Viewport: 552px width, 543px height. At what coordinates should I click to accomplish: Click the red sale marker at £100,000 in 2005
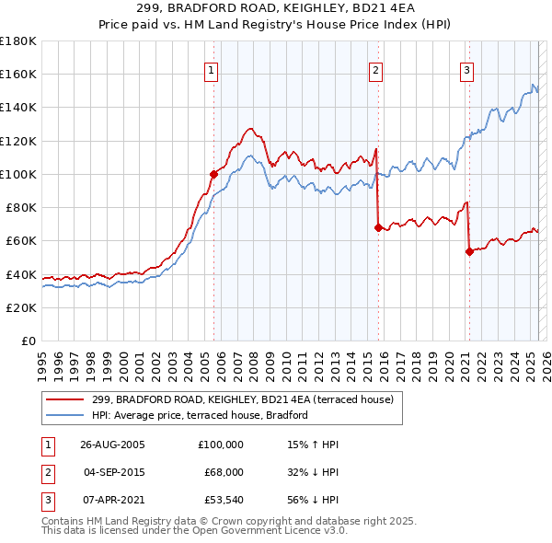[x=213, y=173]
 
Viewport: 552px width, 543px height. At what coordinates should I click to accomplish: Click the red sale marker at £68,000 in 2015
[x=377, y=226]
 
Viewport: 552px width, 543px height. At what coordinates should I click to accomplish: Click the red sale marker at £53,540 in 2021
[x=468, y=250]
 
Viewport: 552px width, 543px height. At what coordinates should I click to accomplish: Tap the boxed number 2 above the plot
[x=376, y=70]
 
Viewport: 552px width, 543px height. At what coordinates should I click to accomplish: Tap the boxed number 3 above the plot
[x=466, y=70]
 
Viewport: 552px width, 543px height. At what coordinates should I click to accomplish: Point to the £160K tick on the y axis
[x=18, y=74]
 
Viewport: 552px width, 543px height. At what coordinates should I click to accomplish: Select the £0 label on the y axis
[x=29, y=341]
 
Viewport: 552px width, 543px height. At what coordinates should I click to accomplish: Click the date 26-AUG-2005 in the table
[x=113, y=444]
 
